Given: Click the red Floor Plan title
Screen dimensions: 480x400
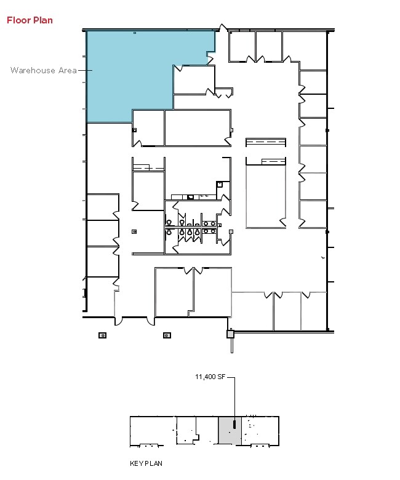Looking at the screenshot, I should tap(30, 20).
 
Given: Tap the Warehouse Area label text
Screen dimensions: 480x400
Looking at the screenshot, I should tap(43, 70).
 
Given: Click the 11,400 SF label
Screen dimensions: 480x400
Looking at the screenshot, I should tap(210, 376).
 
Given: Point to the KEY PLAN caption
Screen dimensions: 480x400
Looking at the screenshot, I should tap(146, 463).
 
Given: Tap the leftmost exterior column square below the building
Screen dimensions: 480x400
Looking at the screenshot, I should tap(102, 335).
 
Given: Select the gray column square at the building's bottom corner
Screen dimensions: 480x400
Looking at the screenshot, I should tap(231, 334).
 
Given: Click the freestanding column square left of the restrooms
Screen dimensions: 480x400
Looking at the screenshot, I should tap(134, 231).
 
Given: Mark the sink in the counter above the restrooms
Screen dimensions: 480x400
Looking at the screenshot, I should tap(190, 197).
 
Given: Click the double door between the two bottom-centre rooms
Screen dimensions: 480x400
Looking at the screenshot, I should tap(194, 270).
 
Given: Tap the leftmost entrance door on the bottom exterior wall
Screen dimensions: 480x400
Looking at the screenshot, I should tap(119, 320).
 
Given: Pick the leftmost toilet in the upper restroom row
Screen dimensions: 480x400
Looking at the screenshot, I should tap(168, 223).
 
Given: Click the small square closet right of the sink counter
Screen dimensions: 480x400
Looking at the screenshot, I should tap(218, 185).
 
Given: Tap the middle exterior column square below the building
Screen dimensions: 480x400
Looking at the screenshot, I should tap(166, 335).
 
